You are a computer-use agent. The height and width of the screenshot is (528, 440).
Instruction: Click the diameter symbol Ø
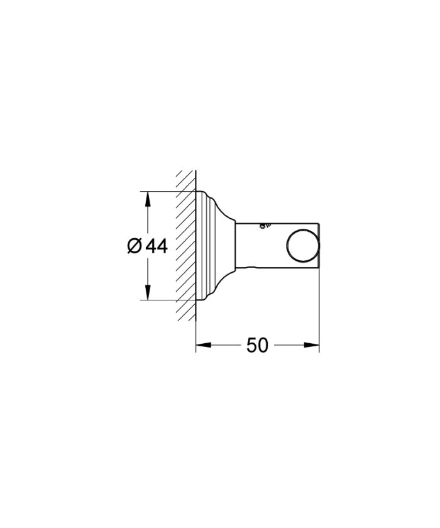[x=134, y=246]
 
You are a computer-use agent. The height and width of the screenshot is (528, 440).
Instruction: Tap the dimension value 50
[x=257, y=344]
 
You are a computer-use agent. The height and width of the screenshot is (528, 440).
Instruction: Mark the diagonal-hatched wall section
[x=186, y=245]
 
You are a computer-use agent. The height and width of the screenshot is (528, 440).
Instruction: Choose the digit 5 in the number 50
[x=251, y=344]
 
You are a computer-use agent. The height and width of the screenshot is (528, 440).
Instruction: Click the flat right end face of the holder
[x=319, y=245]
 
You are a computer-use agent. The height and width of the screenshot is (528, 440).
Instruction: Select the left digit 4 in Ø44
[x=151, y=246]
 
